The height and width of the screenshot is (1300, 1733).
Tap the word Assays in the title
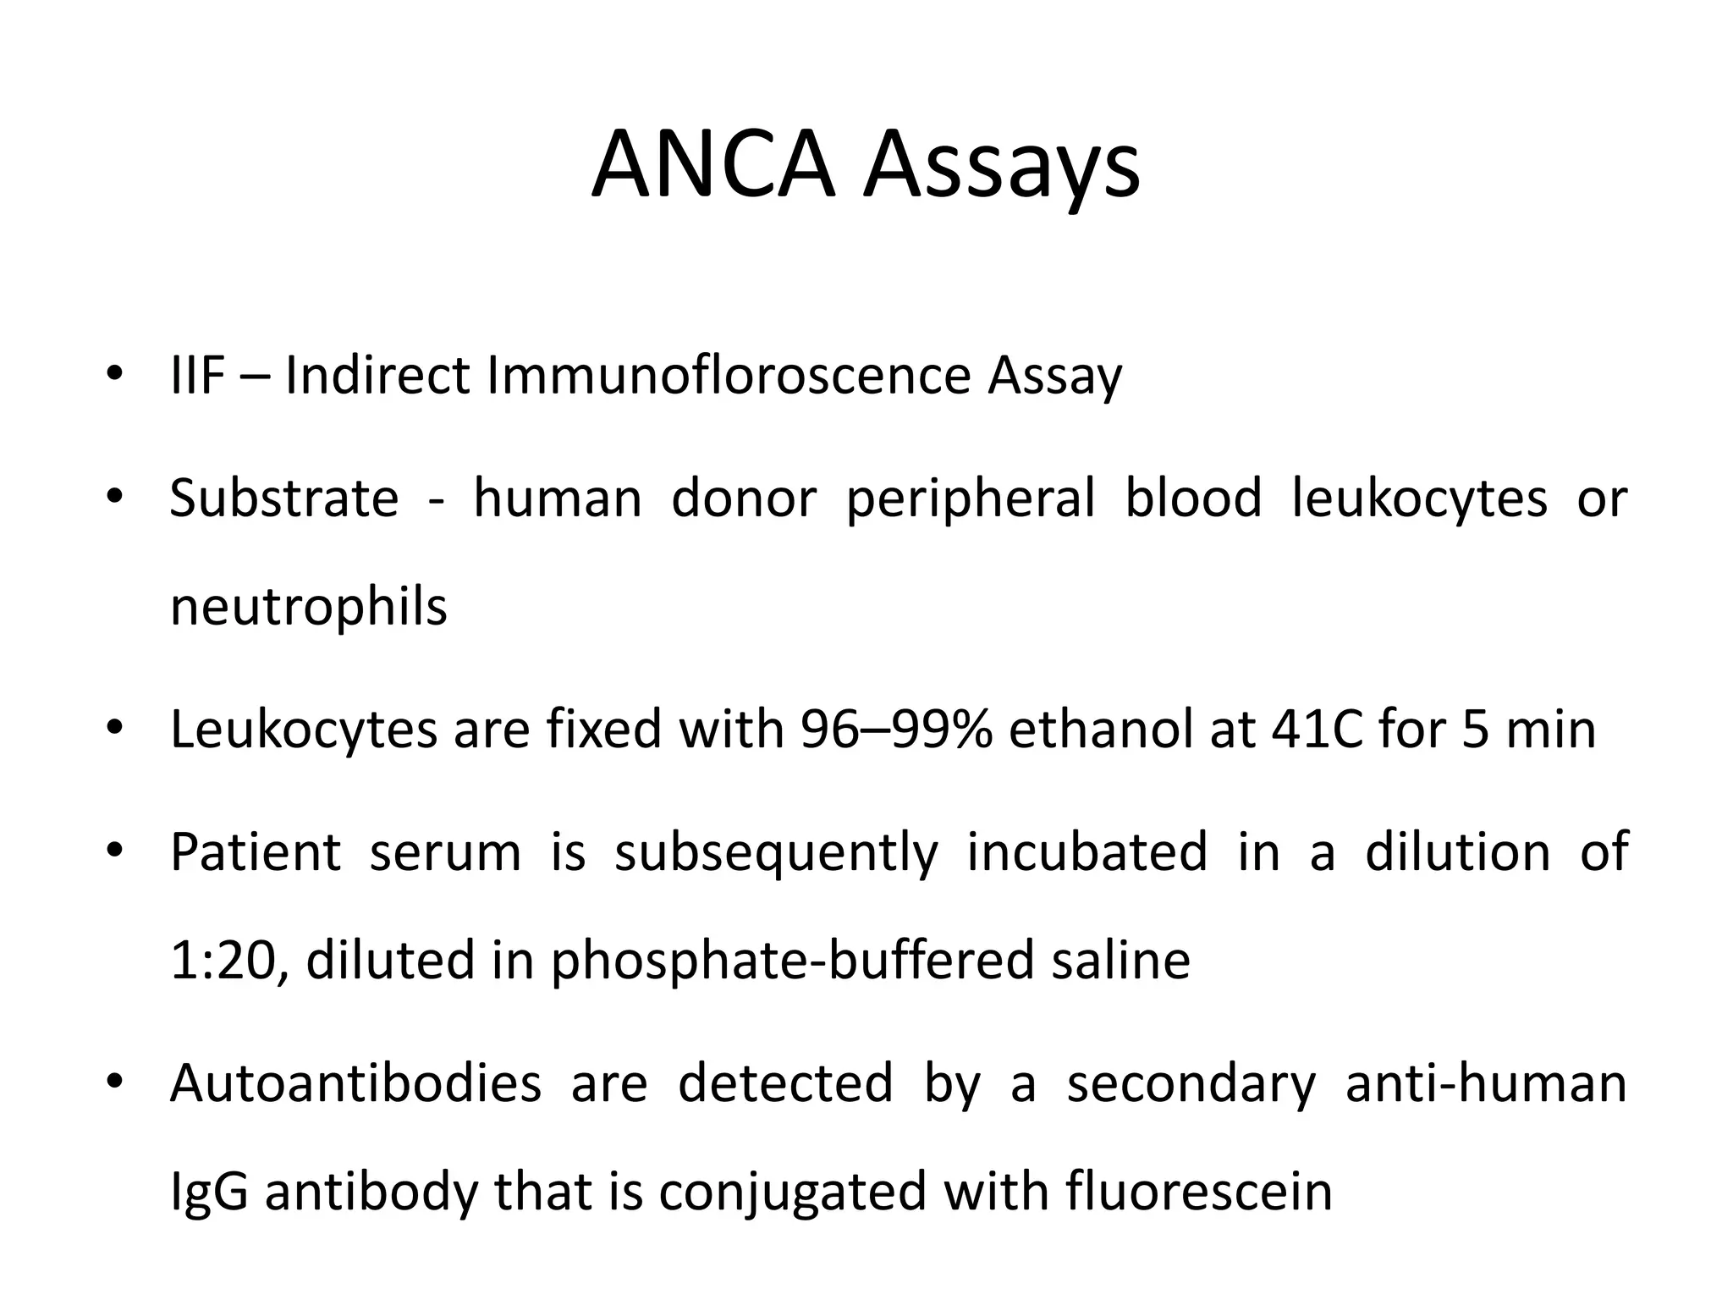[1002, 166]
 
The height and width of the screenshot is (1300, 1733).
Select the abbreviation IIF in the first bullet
[197, 376]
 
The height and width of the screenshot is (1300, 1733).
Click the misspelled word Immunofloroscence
[728, 376]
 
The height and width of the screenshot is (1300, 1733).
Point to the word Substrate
[284, 498]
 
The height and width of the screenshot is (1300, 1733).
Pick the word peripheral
[970, 499]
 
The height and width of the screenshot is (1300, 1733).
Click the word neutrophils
[308, 608]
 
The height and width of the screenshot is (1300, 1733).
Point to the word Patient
[256, 851]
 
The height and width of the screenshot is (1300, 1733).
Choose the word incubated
[1087, 851]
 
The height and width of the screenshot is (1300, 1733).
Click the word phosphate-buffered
[792, 961]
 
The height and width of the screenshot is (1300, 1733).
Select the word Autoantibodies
[355, 1082]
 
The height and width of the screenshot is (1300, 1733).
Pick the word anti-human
[1486, 1082]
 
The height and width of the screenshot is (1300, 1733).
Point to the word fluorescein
[1198, 1191]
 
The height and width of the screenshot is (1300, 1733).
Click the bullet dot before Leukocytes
[116, 728]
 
